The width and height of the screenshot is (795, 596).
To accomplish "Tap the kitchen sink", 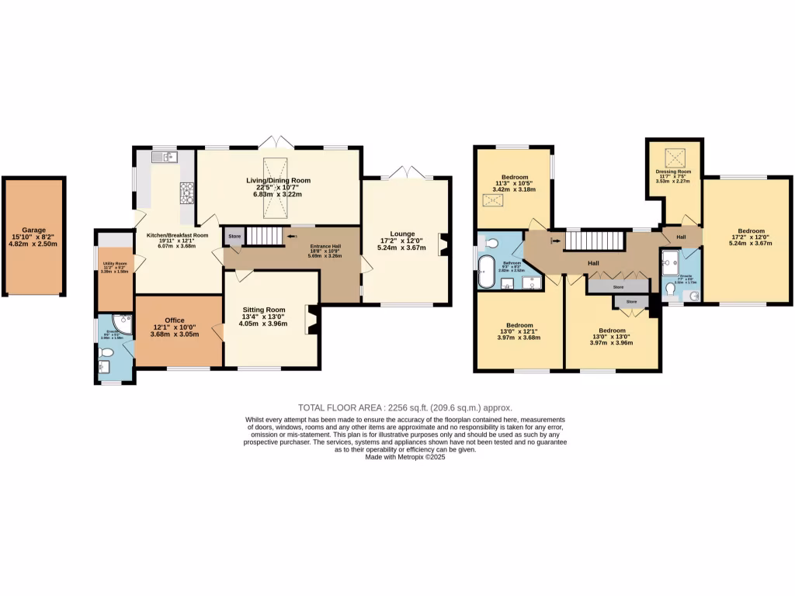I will [165, 158].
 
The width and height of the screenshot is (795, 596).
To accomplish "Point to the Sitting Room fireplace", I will [313, 320].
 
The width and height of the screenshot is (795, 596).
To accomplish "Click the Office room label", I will [175, 320].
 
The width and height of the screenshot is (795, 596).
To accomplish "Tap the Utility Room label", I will [115, 264].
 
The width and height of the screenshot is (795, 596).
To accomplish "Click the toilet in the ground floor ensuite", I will [106, 355].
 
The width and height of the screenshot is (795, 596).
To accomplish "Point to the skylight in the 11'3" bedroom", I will [492, 200].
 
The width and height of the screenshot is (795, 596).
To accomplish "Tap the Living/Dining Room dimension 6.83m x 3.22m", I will [278, 195].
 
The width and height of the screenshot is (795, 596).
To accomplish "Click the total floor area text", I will [405, 407].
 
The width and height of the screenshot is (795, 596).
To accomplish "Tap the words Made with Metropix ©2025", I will [404, 457].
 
